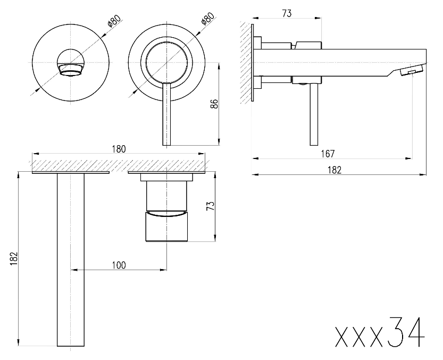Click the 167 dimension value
(x=328, y=154)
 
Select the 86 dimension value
(x=214, y=104)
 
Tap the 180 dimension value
(x=119, y=149)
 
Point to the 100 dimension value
(x=119, y=265)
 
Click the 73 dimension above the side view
(x=287, y=14)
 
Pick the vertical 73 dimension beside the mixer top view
(x=210, y=205)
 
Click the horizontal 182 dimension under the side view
(x=334, y=170)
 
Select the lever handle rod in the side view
(x=314, y=114)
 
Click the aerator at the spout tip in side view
(x=413, y=71)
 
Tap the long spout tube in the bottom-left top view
(x=71, y=261)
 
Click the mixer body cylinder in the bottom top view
(x=168, y=213)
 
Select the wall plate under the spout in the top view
(x=71, y=172)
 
